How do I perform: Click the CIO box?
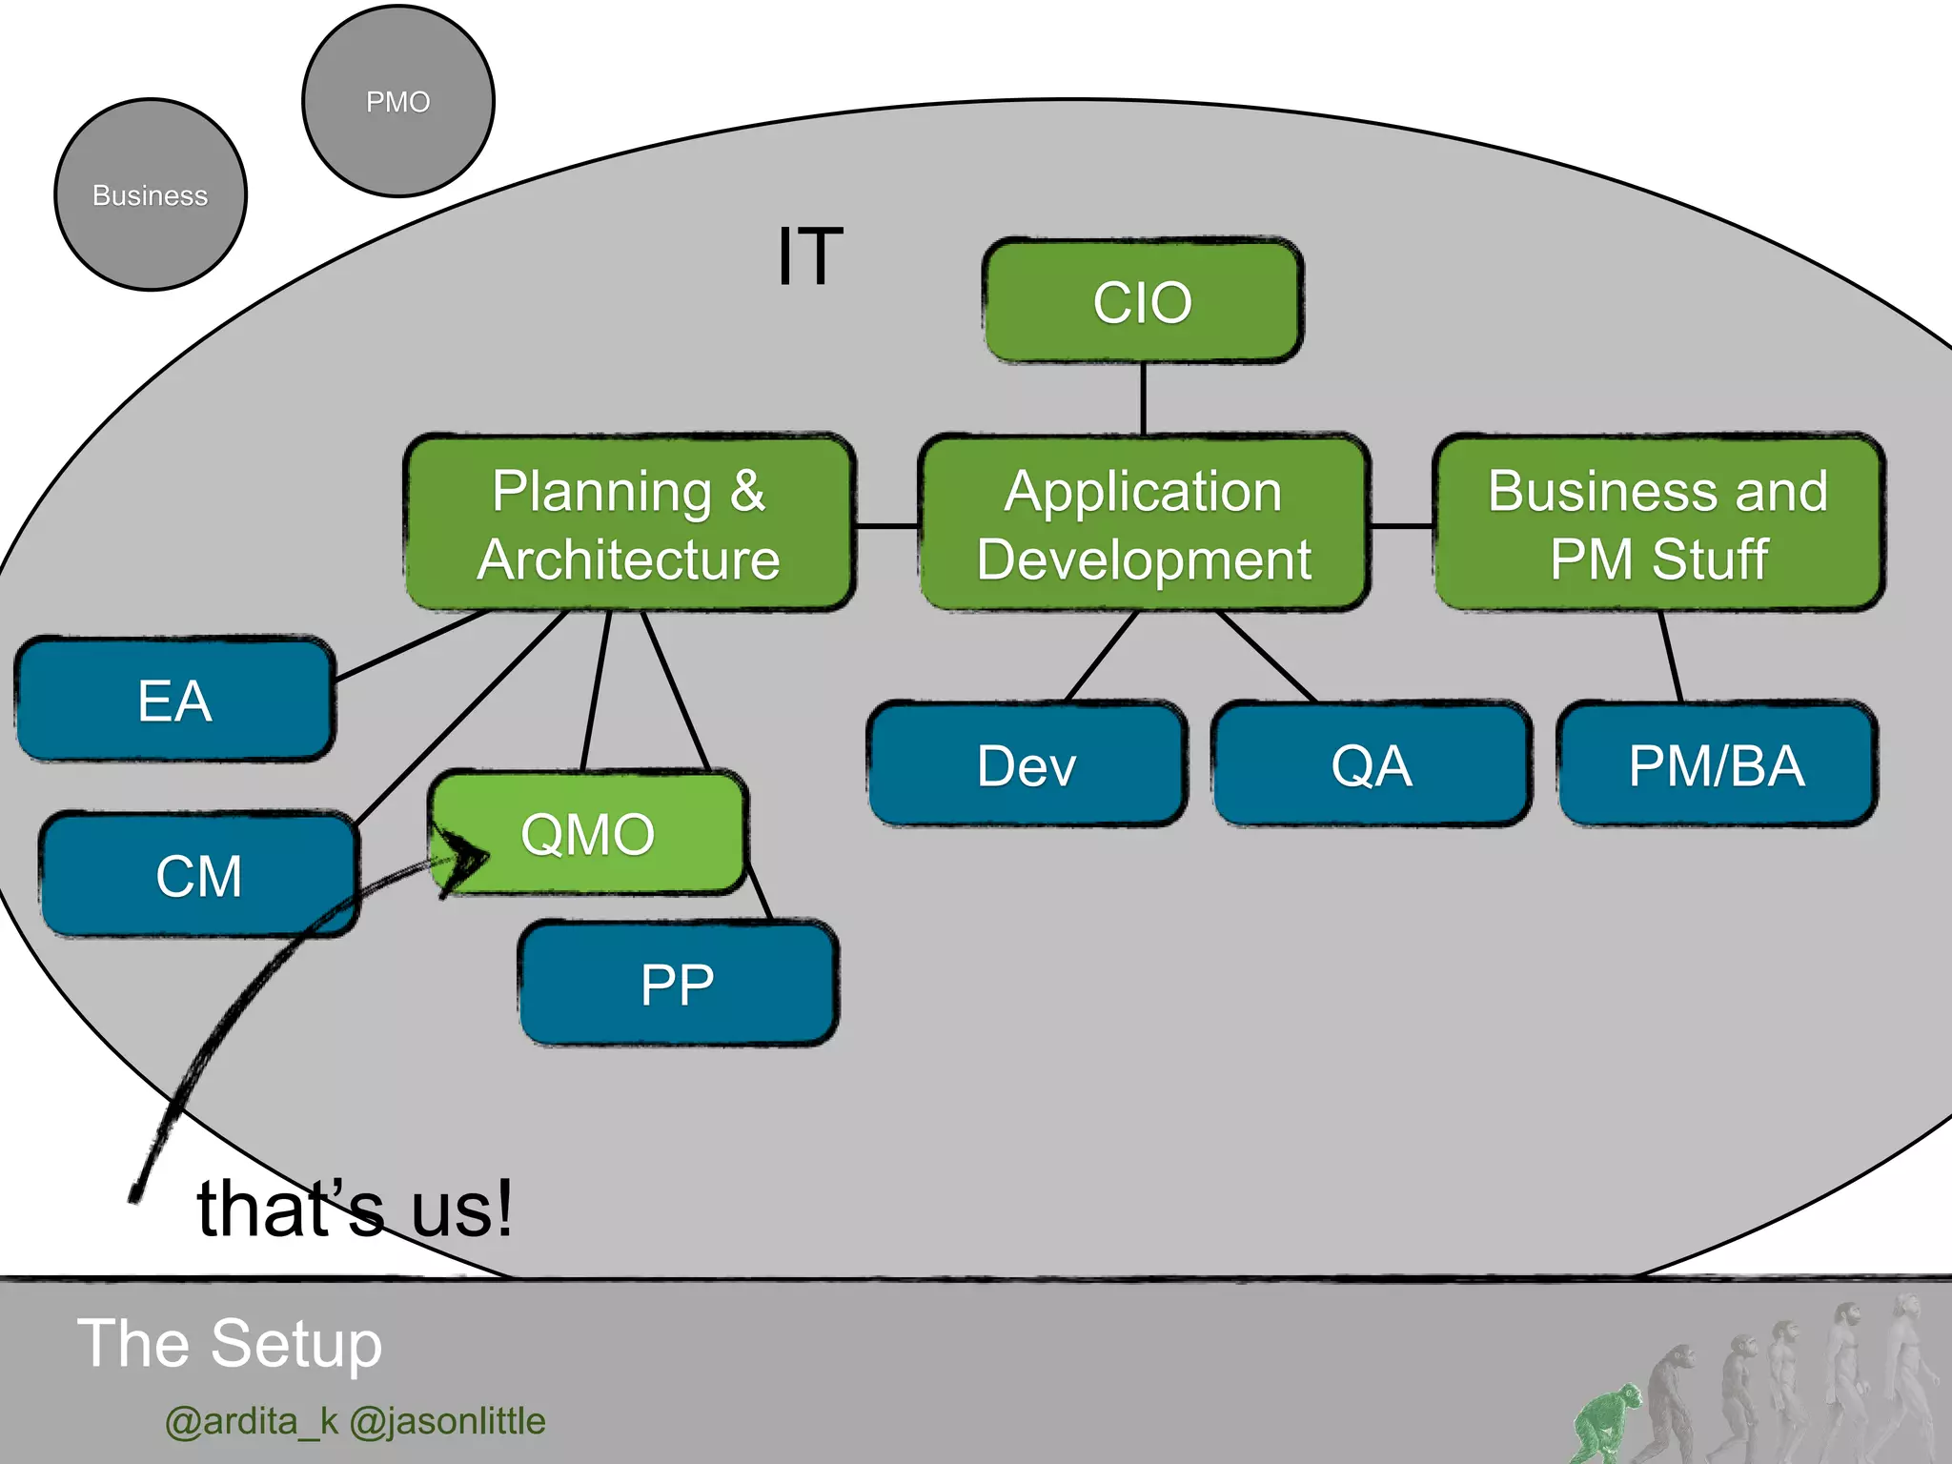(x=1143, y=301)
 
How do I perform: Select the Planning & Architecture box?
(x=629, y=523)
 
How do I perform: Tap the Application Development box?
(x=1144, y=523)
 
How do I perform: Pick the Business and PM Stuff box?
(x=1658, y=523)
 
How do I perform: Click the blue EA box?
(x=175, y=700)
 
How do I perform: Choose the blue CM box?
(x=198, y=875)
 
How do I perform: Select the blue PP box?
(x=678, y=984)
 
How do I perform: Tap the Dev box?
(x=1027, y=764)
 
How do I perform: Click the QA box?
(x=1371, y=764)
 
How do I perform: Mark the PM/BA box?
(x=1717, y=764)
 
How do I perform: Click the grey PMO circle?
(x=398, y=101)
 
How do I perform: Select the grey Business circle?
(x=151, y=195)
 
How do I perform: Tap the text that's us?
(x=355, y=1208)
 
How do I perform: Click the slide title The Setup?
(x=230, y=1343)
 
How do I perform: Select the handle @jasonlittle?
(x=447, y=1421)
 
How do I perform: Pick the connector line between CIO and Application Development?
(x=1143, y=398)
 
